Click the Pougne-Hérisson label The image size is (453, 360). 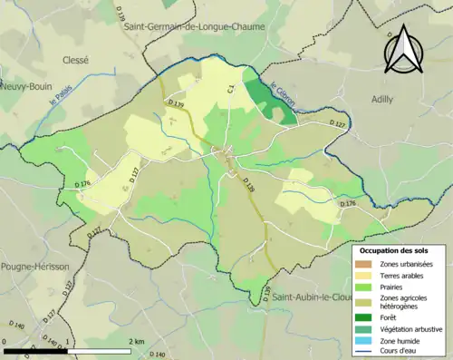pos(32,267)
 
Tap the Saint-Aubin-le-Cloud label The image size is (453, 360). pos(313,297)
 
